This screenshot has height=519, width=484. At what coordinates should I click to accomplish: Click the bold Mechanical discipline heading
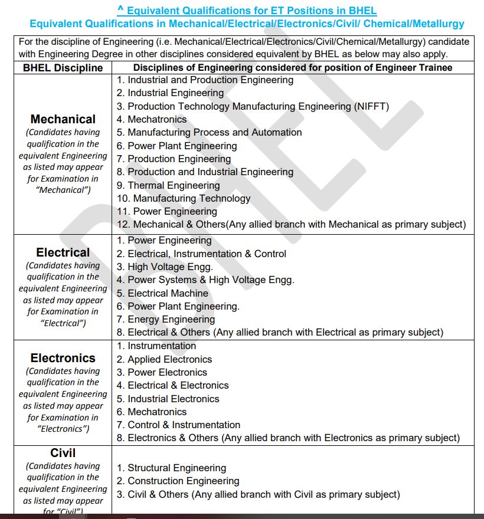tap(63, 119)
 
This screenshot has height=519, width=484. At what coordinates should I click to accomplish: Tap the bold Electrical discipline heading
tap(63, 252)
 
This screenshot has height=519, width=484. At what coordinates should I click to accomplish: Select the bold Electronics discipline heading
tap(63, 358)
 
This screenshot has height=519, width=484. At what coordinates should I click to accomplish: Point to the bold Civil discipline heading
tap(63, 453)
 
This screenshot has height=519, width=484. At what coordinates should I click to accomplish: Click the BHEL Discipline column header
tap(63, 67)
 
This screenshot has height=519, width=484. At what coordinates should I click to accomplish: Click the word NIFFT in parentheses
tap(371, 106)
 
